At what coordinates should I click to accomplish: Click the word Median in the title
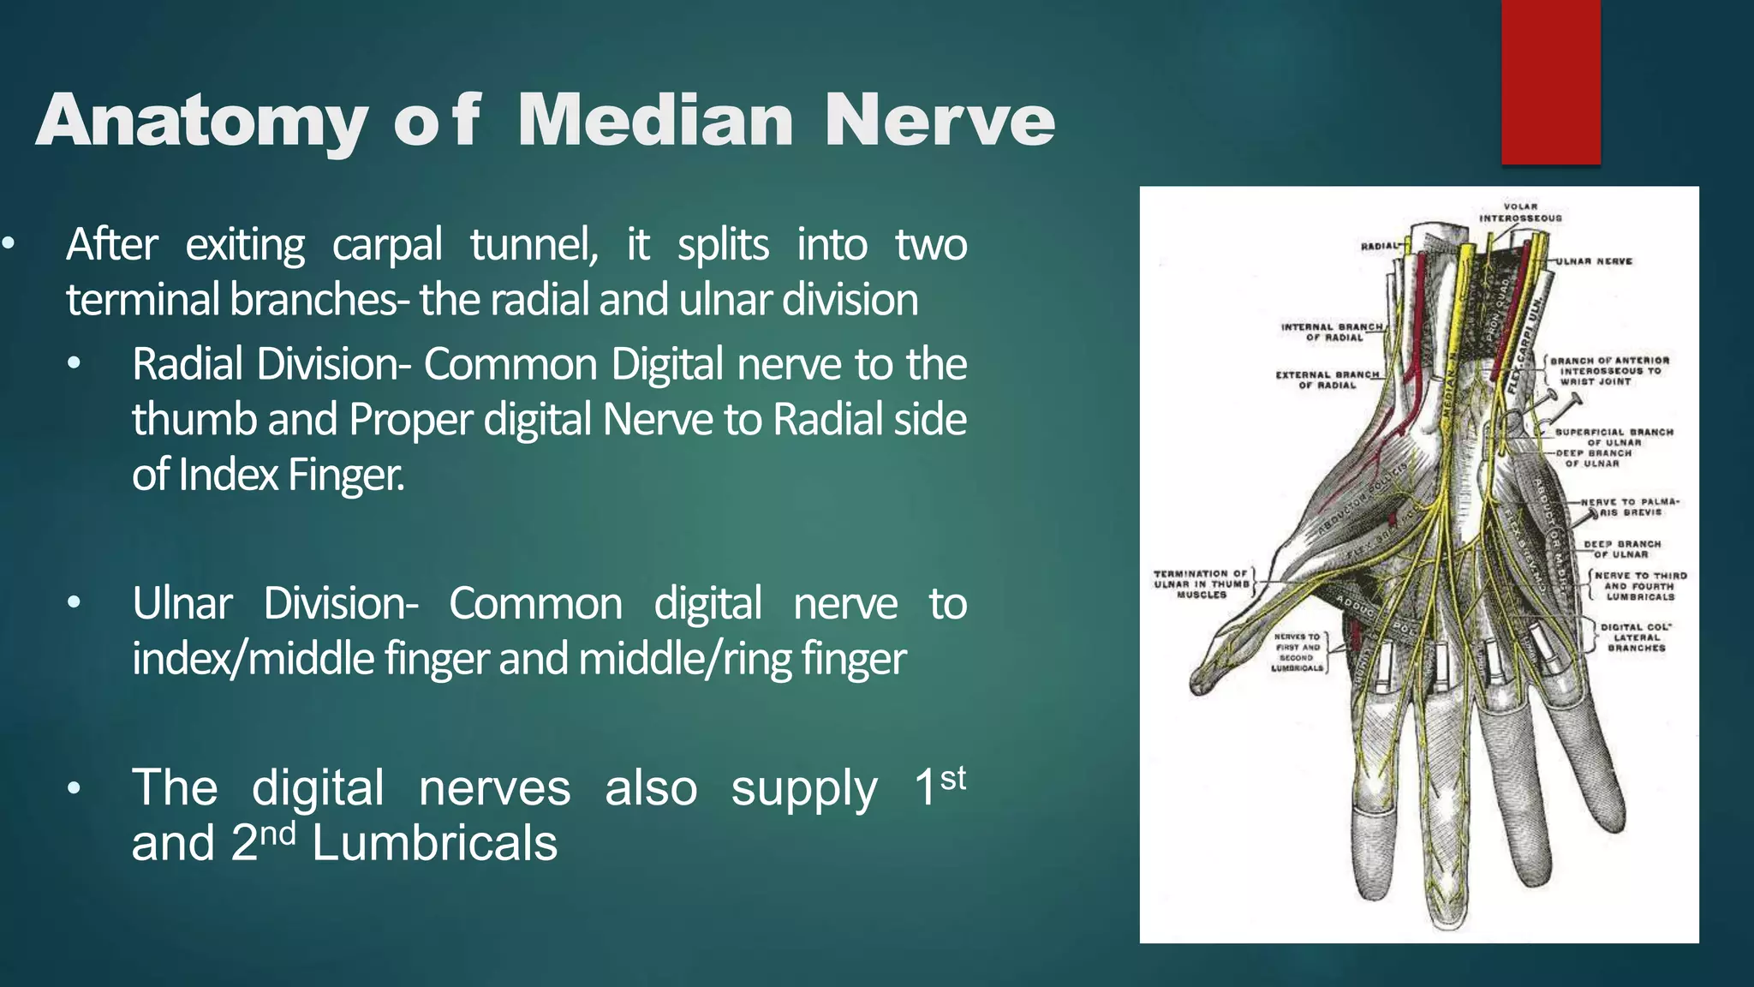coord(655,121)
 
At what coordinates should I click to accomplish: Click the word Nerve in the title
coord(940,121)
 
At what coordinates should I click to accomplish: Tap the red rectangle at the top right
coord(1550,81)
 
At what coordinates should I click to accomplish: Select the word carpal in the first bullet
coord(386,245)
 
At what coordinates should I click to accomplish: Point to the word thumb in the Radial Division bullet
coord(194,420)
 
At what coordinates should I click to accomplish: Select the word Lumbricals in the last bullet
coord(434,843)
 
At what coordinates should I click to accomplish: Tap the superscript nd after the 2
coord(277,833)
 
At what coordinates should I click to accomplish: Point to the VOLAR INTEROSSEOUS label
coord(1520,212)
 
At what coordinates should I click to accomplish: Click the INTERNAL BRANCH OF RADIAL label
coord(1333,332)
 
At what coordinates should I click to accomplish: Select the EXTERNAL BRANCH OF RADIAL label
coord(1327,380)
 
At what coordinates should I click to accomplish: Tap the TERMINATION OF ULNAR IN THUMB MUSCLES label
coord(1201,584)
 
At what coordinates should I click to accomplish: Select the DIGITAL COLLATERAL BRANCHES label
coord(1636,637)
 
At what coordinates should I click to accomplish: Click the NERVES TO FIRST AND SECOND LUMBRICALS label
coord(1298,653)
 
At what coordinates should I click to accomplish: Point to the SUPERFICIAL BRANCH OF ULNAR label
coord(1614,437)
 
